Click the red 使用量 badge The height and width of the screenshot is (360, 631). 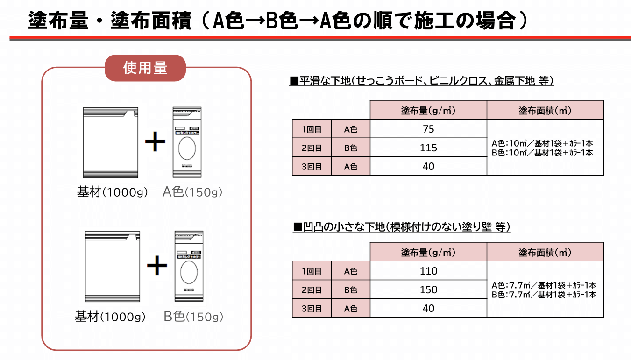click(145, 68)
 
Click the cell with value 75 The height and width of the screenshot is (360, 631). click(428, 129)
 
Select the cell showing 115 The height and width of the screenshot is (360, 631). click(428, 148)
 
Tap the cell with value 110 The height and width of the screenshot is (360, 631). click(428, 271)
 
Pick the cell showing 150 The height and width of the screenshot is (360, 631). click(428, 289)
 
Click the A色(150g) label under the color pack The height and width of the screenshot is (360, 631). click(192, 192)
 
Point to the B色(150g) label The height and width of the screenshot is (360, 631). click(193, 317)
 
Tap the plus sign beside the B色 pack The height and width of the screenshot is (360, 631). click(157, 266)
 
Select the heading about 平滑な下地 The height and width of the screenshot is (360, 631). click(421, 81)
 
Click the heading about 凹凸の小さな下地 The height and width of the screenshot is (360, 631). click(401, 227)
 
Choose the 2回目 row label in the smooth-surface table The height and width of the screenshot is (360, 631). click(312, 148)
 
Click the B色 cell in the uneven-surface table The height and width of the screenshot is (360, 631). click(350, 289)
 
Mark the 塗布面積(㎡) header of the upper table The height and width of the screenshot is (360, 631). click(545, 110)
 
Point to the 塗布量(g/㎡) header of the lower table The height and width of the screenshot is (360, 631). click(428, 252)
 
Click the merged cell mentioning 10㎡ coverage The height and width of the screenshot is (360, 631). click(545, 148)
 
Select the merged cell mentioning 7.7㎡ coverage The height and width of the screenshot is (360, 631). click(545, 289)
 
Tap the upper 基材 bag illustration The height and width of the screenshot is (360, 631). click(111, 142)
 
